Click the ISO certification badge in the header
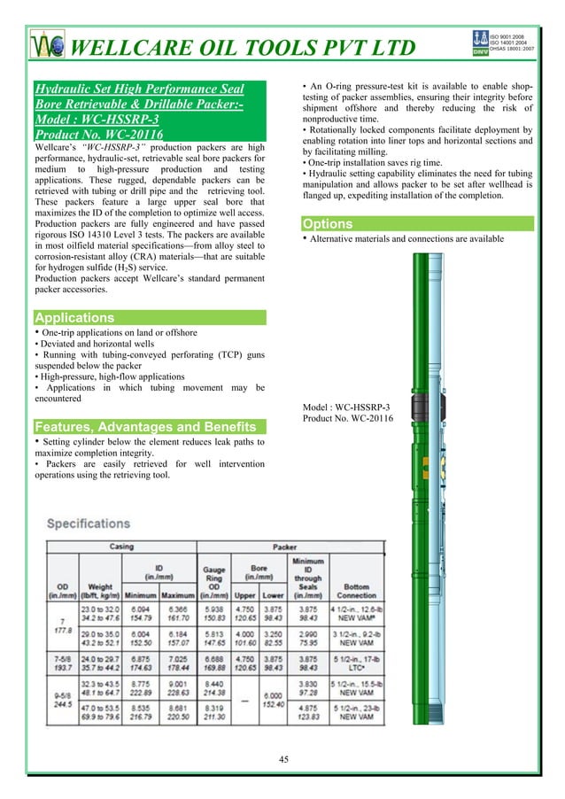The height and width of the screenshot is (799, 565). [501, 43]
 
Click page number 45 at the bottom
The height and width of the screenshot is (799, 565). [283, 758]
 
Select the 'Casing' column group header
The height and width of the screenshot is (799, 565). [120, 547]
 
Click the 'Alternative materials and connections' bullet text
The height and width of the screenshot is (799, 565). [406, 239]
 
